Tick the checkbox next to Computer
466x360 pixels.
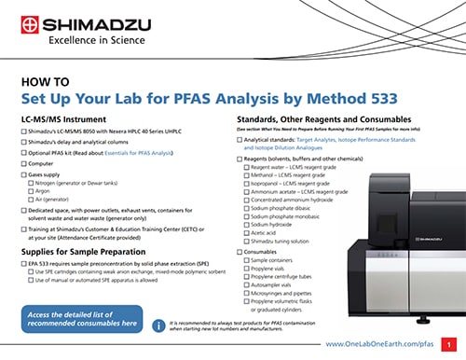(x=24, y=162)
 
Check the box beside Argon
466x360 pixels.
(x=33, y=190)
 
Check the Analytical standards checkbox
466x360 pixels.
(x=240, y=139)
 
